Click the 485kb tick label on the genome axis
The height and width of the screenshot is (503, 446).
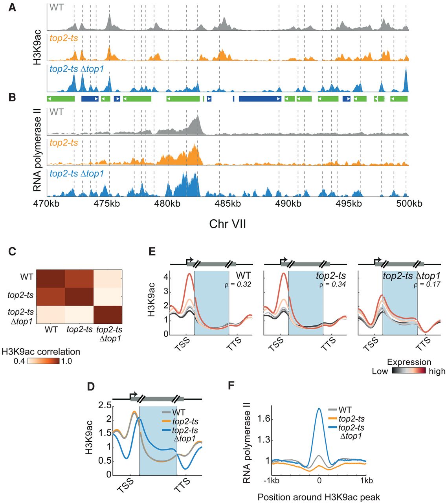[230, 204]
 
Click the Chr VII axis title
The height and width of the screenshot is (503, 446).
[228, 224]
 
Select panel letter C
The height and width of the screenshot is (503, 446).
[12, 251]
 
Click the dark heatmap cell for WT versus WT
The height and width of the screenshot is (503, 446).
[51, 277]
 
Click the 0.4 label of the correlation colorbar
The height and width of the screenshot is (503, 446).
[20, 361]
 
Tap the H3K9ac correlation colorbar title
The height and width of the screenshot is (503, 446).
[41, 352]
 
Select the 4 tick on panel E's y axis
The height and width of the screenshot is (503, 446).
[166, 277]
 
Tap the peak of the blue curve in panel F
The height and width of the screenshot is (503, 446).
[319, 409]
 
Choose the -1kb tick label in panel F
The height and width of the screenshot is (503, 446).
[271, 481]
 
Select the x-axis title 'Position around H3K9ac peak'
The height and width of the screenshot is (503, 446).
[319, 497]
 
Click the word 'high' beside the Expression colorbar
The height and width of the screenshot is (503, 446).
[437, 371]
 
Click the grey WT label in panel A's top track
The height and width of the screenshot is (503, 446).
[57, 7]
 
